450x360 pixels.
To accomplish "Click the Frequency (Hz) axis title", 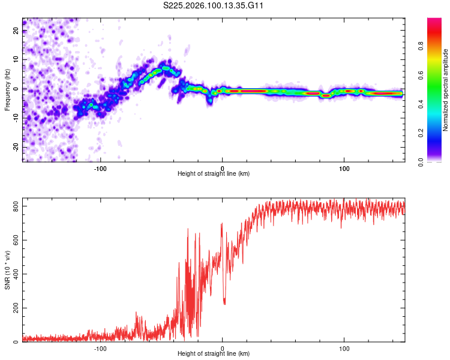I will pyautogui.click(x=7, y=89).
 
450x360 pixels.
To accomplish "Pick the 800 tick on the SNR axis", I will pyautogui.click(x=13, y=206).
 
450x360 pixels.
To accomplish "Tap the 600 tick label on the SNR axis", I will pyautogui.click(x=13, y=240).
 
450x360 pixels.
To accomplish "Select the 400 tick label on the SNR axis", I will pyautogui.click(x=13, y=274).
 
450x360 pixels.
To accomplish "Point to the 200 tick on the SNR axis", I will pyautogui.click(x=13, y=308).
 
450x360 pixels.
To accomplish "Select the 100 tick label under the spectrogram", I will pyautogui.click(x=344, y=169).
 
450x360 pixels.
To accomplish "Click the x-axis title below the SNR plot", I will pyautogui.click(x=214, y=355).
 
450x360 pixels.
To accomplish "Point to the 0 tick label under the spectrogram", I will pyautogui.click(x=223, y=169).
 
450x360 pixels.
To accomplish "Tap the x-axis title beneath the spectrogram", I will pyautogui.click(x=214, y=174).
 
